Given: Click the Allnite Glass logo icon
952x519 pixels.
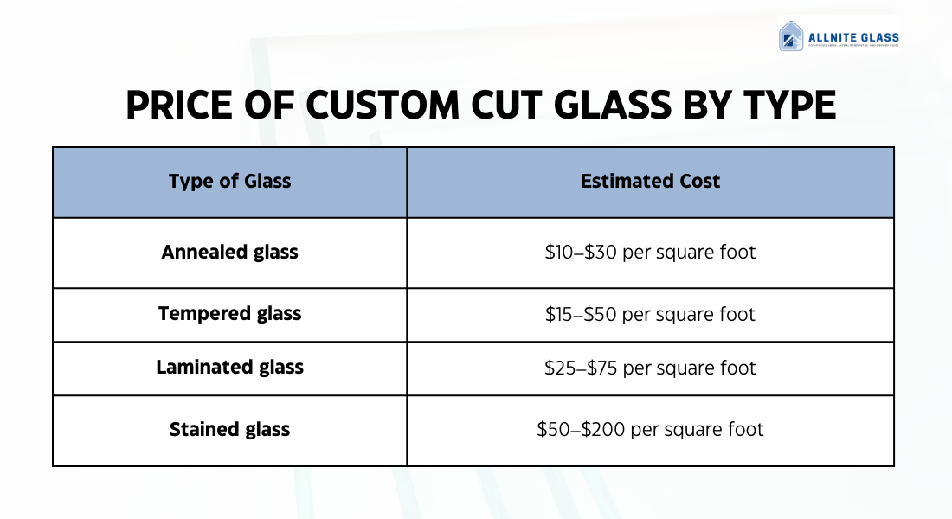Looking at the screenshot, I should pyautogui.click(x=791, y=36).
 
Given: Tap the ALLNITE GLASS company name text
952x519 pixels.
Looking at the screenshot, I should pyautogui.click(x=853, y=38).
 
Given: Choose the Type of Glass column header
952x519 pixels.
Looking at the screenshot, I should pyautogui.click(x=229, y=182).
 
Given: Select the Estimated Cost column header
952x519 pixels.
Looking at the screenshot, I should pyautogui.click(x=650, y=182).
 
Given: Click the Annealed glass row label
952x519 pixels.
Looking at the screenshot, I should pyautogui.click(x=229, y=253).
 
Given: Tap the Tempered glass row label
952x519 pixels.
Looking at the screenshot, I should pyautogui.click(x=229, y=314).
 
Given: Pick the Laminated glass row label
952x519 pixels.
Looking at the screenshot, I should pyautogui.click(x=229, y=368).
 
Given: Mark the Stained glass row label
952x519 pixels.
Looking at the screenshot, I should pyautogui.click(x=229, y=430).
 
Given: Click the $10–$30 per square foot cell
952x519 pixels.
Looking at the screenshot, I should pyautogui.click(x=650, y=253).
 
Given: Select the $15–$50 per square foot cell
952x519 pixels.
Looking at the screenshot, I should pyautogui.click(x=650, y=315).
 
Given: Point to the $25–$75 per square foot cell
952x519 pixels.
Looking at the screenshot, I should pyautogui.click(x=650, y=368).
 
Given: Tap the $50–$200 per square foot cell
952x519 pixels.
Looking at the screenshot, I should pyautogui.click(x=650, y=430).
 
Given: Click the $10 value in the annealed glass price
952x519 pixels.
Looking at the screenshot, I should pyautogui.click(x=559, y=253).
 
